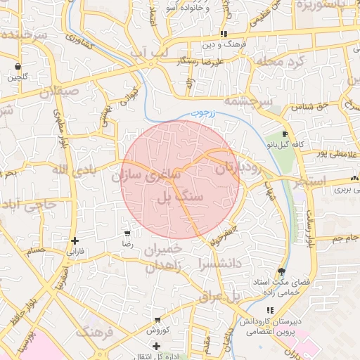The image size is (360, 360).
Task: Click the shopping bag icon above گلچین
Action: tap(17, 67)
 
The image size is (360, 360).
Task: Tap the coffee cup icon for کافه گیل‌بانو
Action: tap(284, 134)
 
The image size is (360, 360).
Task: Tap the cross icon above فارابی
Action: tap(75, 240)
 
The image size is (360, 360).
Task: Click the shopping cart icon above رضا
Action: tap(127, 233)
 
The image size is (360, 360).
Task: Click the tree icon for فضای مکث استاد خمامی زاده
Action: tap(282, 271)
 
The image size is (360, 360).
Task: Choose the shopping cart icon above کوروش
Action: tap(155, 320)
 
